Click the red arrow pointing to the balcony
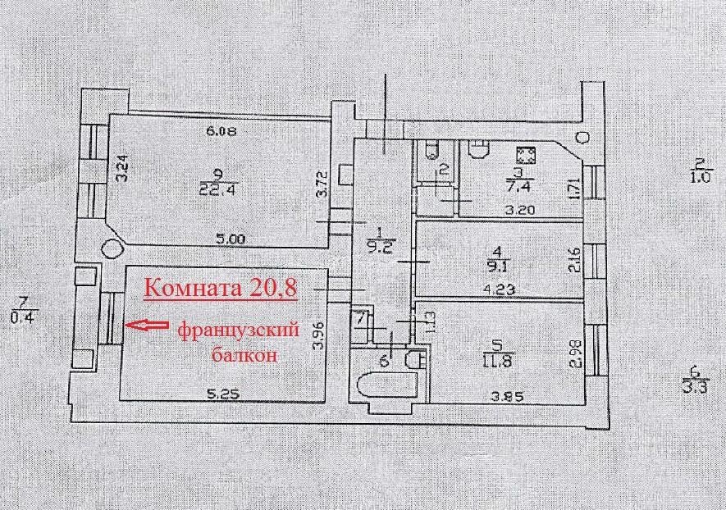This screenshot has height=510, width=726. tap(146, 326)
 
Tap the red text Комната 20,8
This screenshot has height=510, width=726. tap(221, 288)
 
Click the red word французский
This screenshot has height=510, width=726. tap(238, 331)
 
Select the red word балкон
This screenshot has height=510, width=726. tap(245, 355)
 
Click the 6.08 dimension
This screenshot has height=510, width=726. tap(221, 131)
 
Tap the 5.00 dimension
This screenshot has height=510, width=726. tap(231, 239)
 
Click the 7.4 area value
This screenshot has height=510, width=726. tap(522, 187)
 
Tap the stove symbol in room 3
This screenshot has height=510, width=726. tap(527, 156)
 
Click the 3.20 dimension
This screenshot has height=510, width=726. tap(520, 210)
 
